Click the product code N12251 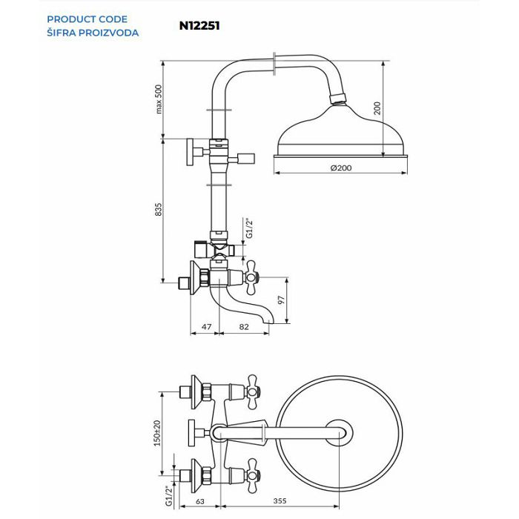tap(199, 24)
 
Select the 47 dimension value tap(207, 325)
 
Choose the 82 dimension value tap(244, 325)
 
